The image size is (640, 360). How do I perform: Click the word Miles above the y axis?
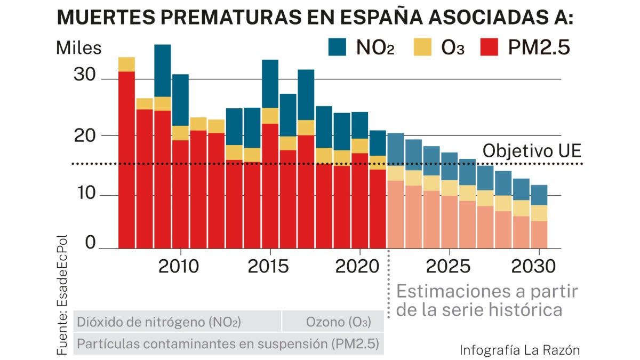(78, 47)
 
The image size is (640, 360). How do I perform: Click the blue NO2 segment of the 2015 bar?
(270, 84)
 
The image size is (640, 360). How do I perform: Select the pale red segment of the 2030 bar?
(539, 235)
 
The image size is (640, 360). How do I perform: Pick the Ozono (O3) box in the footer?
(333, 322)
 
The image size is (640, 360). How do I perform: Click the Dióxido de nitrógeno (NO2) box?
(159, 322)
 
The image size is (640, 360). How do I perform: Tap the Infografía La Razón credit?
(519, 350)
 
